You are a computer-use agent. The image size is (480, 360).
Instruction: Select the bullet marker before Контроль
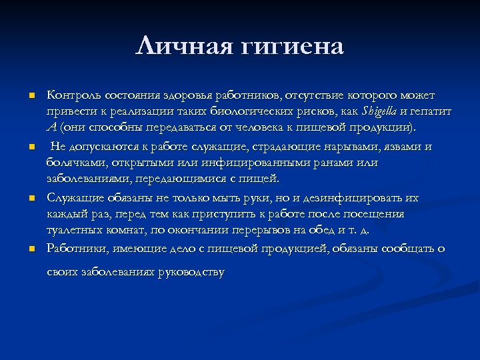point(31,97)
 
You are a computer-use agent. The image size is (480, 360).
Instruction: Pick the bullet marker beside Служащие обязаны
point(31,198)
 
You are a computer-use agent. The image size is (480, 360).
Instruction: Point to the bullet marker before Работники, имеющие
point(31,249)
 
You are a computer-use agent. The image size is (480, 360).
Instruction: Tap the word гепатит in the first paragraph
point(433,111)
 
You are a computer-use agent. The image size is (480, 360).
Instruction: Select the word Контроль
point(72,96)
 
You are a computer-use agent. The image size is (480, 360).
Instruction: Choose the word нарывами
point(330,147)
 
